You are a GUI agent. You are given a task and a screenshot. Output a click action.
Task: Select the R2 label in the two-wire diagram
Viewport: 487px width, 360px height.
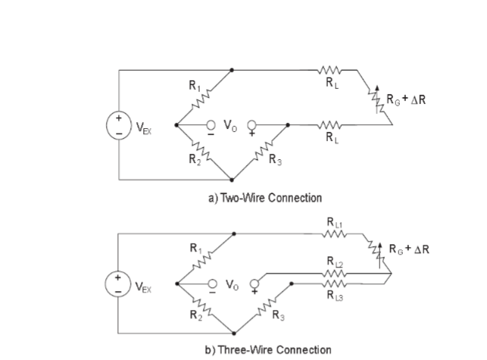pyautogui.click(x=195, y=158)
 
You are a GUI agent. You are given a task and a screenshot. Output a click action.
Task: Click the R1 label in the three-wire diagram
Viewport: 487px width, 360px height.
pyautogui.click(x=195, y=248)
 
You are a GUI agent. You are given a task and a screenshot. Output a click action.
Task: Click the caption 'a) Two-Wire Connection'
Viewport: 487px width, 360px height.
pyautogui.click(x=265, y=197)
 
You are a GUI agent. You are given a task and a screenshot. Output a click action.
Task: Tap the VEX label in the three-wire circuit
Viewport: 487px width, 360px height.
pyautogui.click(x=144, y=287)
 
